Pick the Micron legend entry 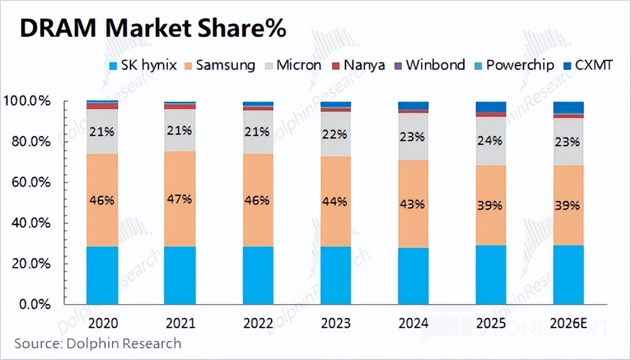coord(295,65)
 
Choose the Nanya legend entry coord(363,65)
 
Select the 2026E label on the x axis coord(568,323)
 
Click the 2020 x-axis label coord(102,323)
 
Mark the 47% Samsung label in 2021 coord(179,199)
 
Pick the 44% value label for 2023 coord(335,202)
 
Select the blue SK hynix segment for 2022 coord(257,275)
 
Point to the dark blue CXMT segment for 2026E coord(568,107)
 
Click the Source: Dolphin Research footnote coord(98,344)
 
